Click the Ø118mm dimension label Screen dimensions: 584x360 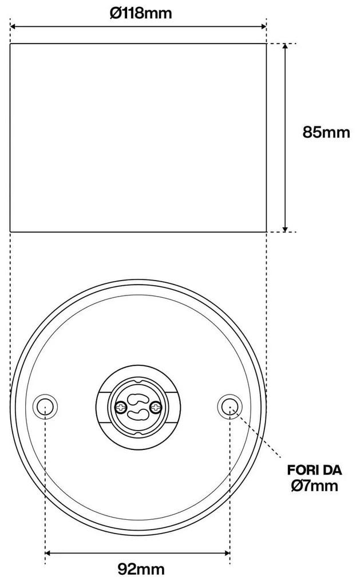pos(141,13)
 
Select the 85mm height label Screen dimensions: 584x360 pos(326,132)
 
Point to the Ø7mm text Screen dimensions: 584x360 pos(314,487)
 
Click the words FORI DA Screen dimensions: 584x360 pos(314,471)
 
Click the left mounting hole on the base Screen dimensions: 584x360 pos(45,407)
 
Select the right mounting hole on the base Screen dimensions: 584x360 pos(230,407)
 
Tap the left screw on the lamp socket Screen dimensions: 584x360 pos(121,407)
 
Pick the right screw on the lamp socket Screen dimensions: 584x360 pos(156,407)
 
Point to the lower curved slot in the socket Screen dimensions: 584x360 pos(138,416)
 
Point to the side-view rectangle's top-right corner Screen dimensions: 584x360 pos(266,44)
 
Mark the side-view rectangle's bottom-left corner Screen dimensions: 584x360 pos(10,231)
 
